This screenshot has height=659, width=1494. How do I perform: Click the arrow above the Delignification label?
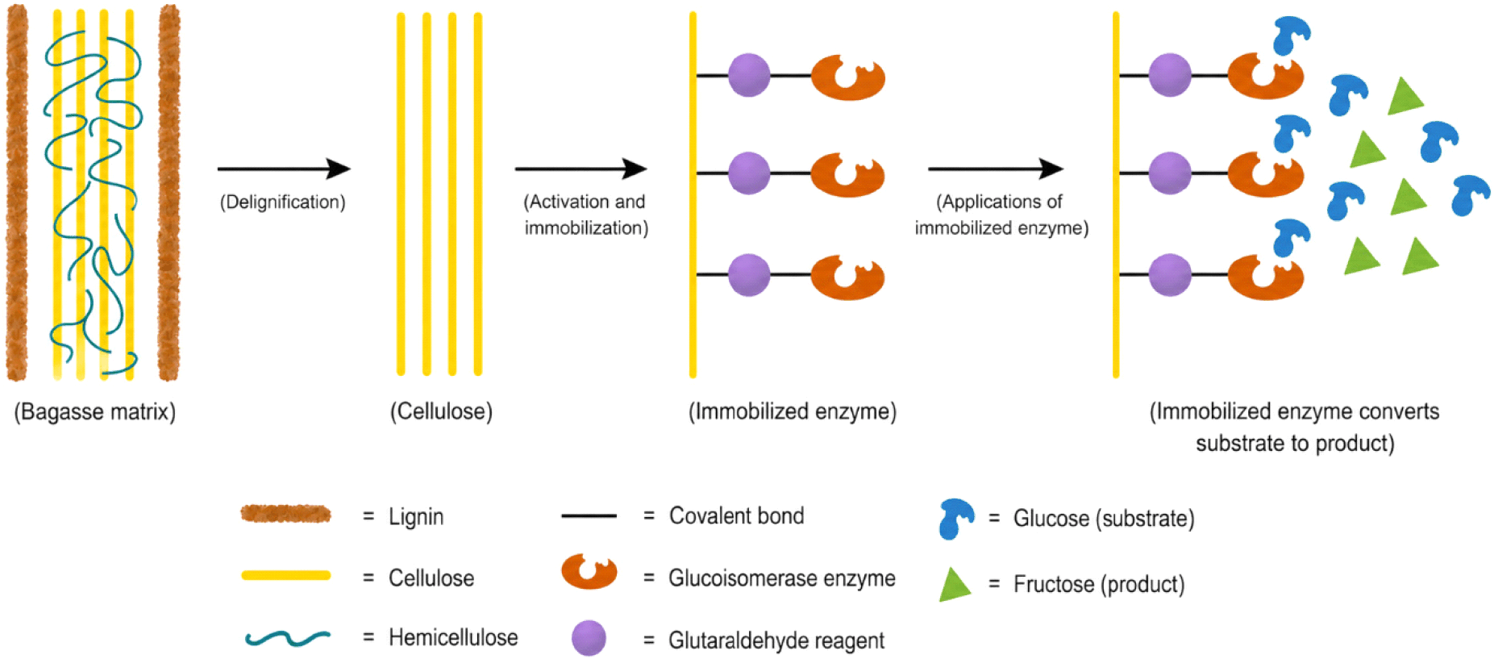click(284, 169)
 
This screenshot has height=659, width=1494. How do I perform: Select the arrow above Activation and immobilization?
click(581, 169)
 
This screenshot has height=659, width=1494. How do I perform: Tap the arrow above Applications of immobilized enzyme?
click(996, 169)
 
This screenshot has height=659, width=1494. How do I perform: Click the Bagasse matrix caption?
click(95, 412)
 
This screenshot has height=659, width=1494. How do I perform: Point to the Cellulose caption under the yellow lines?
click(441, 412)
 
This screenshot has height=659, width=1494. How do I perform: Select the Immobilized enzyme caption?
click(793, 412)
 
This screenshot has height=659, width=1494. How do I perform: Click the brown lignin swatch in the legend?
click(286, 514)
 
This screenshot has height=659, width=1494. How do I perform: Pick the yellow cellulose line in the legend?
click(286, 575)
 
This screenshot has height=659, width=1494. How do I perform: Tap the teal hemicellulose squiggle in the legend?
click(288, 639)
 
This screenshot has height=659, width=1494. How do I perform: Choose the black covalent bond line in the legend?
click(589, 515)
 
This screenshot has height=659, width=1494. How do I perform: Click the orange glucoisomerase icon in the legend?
click(589, 571)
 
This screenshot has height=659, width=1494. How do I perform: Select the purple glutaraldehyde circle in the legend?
click(589, 638)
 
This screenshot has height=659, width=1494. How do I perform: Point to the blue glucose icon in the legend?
click(955, 519)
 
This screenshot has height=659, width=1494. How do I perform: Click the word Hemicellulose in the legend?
click(453, 638)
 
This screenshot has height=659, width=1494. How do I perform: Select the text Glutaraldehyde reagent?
click(776, 640)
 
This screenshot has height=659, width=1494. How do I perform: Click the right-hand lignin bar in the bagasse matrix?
click(169, 192)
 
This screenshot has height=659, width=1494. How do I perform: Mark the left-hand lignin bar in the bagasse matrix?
click(17, 192)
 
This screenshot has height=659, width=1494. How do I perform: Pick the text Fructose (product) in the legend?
click(1099, 584)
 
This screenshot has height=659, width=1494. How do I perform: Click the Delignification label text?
click(283, 202)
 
